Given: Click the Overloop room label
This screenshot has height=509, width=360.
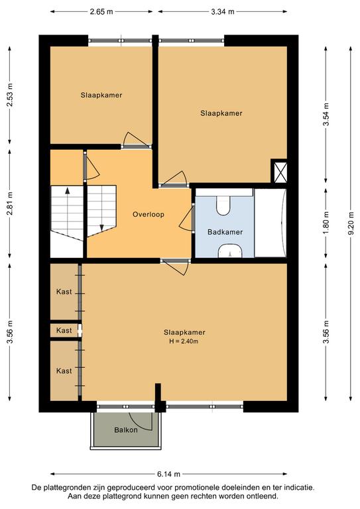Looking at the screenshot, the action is click(x=149, y=215).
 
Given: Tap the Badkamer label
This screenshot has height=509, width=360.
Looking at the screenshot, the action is click(x=225, y=232).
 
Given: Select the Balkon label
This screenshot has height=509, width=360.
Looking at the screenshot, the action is click(x=125, y=430).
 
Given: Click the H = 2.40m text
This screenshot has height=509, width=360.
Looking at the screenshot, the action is click(x=184, y=341).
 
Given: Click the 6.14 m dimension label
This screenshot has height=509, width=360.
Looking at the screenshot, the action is click(x=168, y=474).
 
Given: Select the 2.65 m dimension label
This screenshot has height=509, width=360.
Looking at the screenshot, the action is click(x=101, y=12).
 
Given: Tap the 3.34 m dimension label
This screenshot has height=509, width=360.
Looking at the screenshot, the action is click(x=223, y=12).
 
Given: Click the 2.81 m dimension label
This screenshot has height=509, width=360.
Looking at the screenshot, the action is click(x=10, y=203).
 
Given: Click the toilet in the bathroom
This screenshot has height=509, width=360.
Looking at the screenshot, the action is click(x=223, y=205).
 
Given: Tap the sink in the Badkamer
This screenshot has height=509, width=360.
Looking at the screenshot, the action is click(x=230, y=251).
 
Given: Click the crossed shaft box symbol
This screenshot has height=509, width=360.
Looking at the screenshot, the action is click(x=279, y=171).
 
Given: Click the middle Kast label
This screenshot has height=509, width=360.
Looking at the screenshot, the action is click(x=64, y=331).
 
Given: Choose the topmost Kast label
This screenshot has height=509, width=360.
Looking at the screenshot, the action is click(x=64, y=292).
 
